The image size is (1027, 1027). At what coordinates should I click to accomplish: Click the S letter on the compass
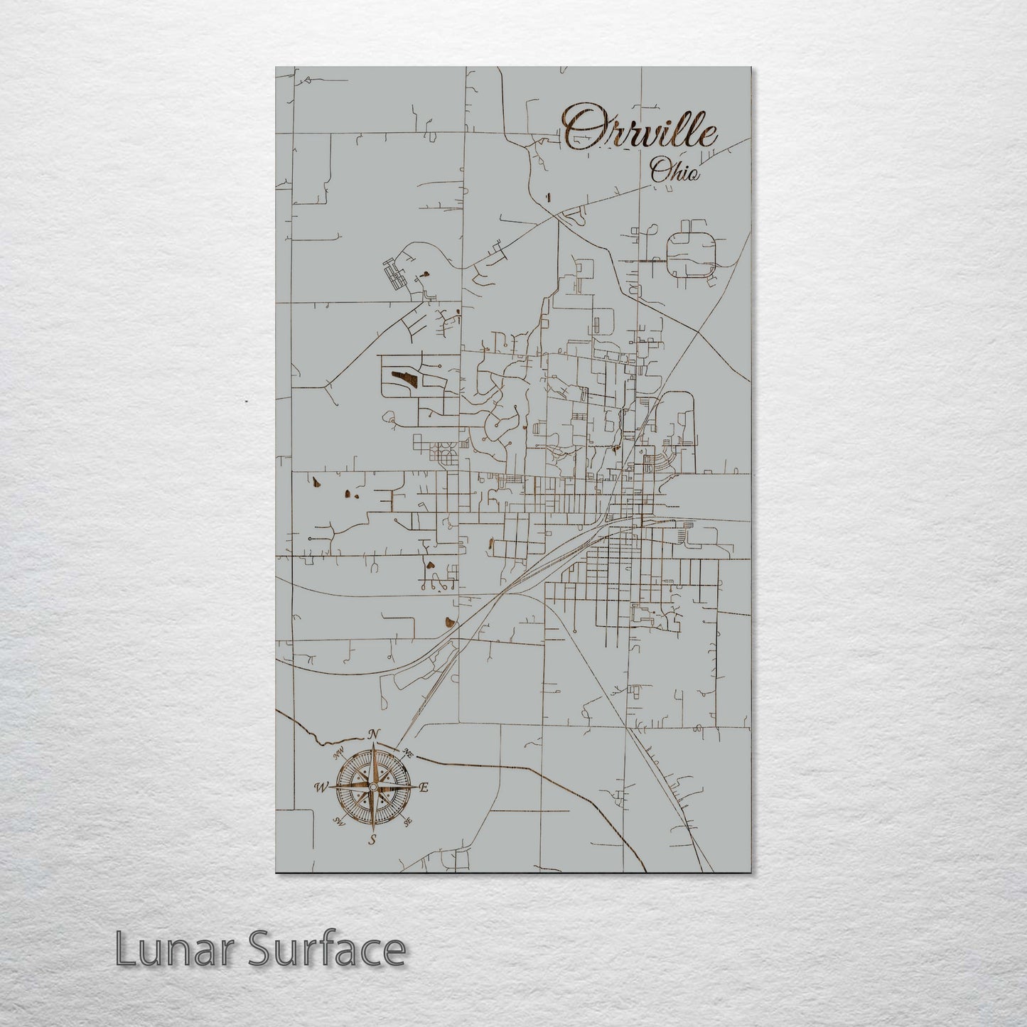(x=372, y=840)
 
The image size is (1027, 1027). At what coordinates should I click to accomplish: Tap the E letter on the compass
(x=424, y=787)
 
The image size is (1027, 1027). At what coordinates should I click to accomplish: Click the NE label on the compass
(x=407, y=753)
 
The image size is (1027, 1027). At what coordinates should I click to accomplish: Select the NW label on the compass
(x=339, y=751)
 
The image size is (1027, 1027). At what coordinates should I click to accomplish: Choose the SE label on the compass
(x=407, y=822)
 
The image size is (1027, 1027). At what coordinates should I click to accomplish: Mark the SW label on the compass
(x=339, y=822)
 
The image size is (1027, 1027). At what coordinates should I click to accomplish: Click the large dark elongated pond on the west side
(x=401, y=377)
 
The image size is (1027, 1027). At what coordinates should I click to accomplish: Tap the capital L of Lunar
(x=125, y=950)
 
